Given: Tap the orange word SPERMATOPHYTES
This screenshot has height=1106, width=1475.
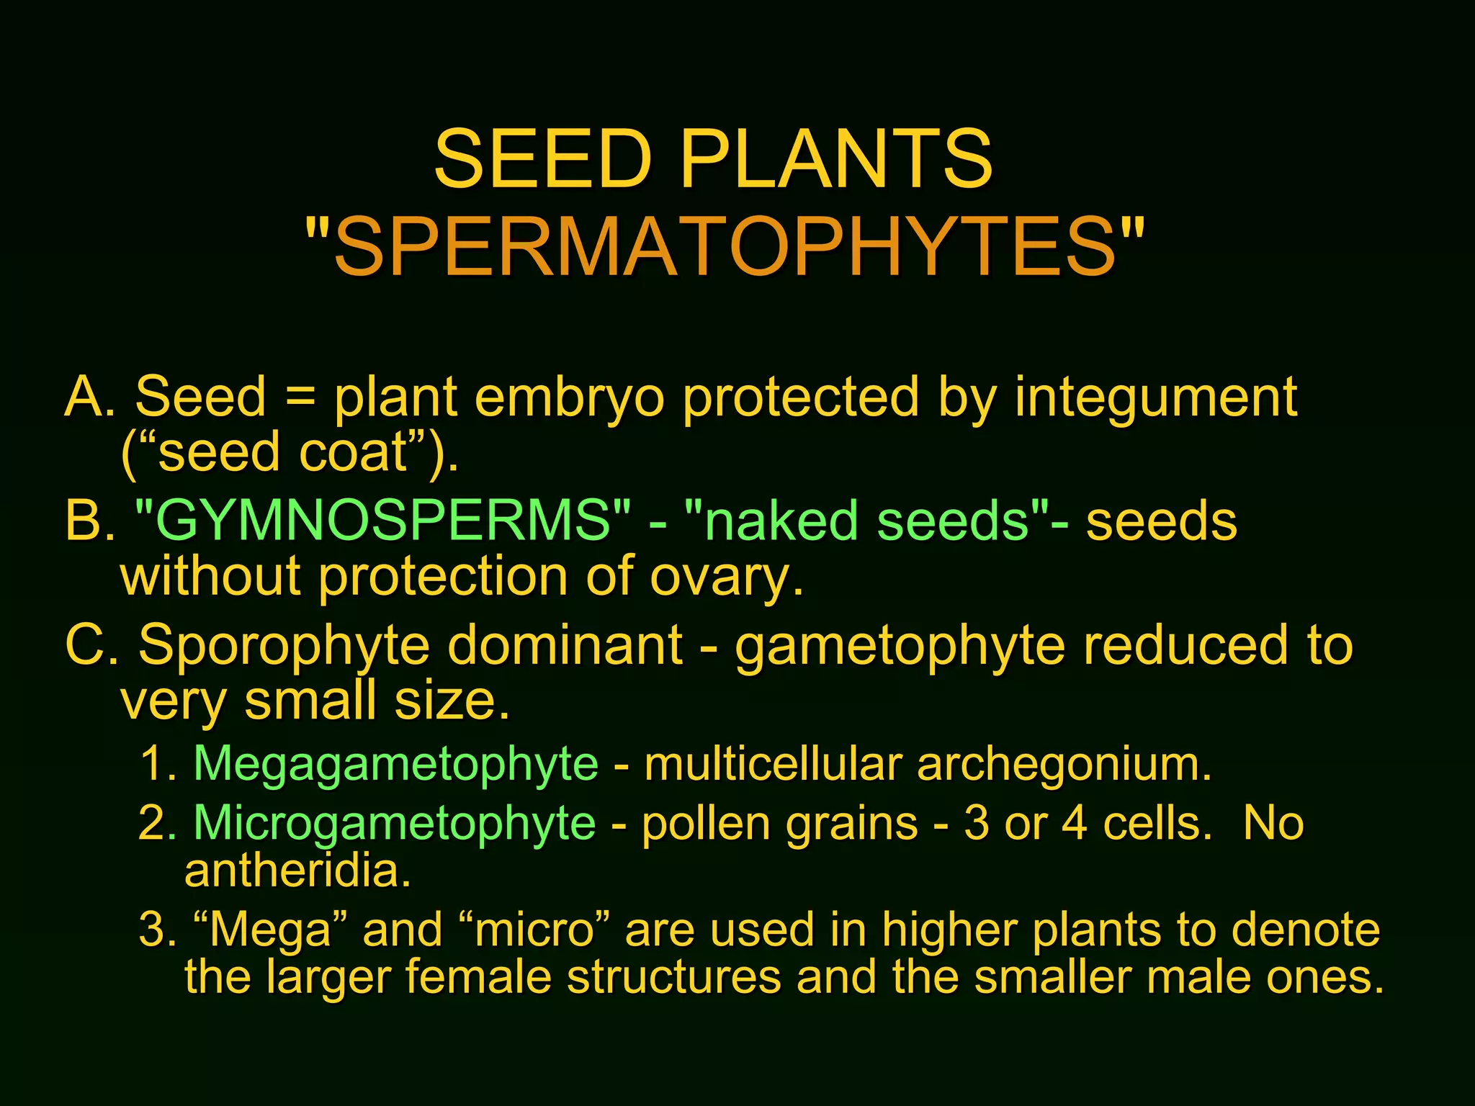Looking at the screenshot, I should point(725,247).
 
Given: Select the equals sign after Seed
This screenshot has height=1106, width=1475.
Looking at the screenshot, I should point(300,397).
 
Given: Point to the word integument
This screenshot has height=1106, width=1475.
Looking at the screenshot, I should point(1155,398).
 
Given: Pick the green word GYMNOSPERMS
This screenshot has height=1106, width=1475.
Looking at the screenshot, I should point(382,521).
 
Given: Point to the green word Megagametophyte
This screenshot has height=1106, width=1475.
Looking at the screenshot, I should point(395,764).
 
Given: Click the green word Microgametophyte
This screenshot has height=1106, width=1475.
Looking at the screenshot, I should point(394,824).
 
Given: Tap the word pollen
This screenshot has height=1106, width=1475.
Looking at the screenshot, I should point(706,824).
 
